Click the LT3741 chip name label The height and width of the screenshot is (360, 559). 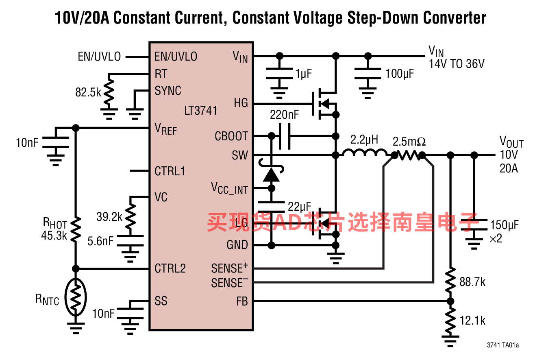tap(201, 110)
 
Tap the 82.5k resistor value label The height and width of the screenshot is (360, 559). tap(88, 92)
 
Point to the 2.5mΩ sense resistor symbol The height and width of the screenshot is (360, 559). tap(408, 155)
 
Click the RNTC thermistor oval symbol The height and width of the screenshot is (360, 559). tap(76, 297)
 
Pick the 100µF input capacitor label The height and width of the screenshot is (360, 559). tap(400, 74)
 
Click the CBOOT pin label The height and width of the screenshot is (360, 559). tap(231, 136)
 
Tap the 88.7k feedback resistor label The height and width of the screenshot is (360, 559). tap(472, 282)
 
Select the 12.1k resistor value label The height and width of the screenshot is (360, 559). tap(472, 320)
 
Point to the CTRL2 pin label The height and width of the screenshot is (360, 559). tap(170, 268)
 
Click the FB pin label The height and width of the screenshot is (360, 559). tap(242, 301)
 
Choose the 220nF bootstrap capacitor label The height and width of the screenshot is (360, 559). tap(284, 115)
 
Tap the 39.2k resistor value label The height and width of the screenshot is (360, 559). tap(109, 217)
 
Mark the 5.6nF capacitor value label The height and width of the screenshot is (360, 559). tap(100, 241)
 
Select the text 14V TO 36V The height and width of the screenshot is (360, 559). tap(457, 64)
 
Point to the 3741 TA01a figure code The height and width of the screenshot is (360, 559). tap(502, 345)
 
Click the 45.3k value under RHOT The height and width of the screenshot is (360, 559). tap(54, 236)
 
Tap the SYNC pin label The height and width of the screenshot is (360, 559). tap(167, 90)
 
